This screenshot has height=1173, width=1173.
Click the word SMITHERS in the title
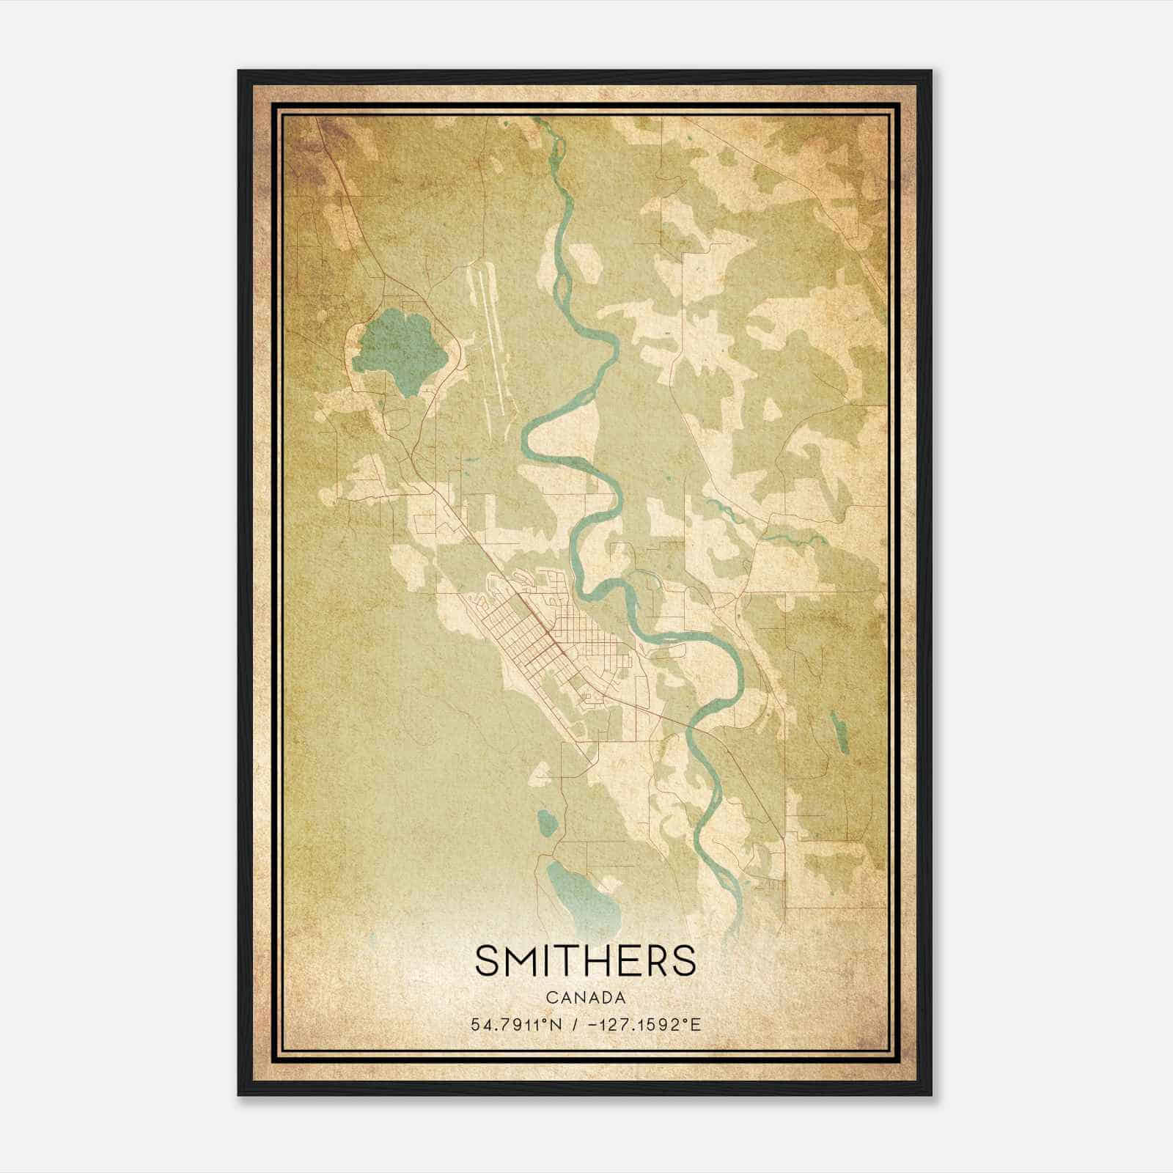pos(586,960)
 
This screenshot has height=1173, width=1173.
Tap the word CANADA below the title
pos(586,998)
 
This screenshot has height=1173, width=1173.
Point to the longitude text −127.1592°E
pos(645,1024)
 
